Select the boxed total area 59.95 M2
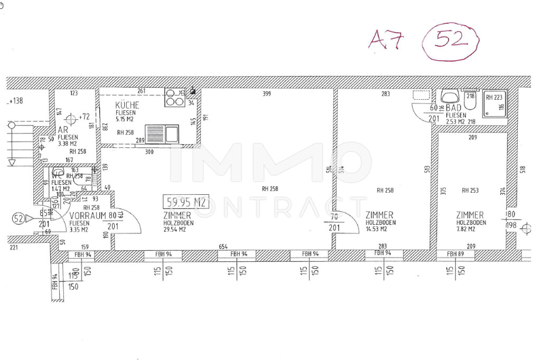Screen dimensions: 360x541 coord(185,202)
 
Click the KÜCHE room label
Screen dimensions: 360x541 coord(127,105)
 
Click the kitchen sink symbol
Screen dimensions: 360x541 coord(162,134)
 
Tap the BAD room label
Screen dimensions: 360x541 coord(454,108)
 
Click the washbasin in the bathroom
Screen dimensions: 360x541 coord(450,97)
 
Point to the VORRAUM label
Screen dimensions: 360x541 coord(88,215)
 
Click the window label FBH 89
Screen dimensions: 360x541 coord(455,254)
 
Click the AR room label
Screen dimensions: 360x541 coord(63,130)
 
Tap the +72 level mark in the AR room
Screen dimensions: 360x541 coord(84,116)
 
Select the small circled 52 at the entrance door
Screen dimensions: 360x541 coord(19,219)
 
